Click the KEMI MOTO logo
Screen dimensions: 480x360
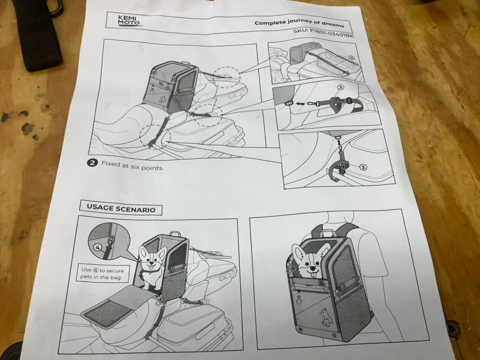129,21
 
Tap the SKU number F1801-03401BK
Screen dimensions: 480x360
324,33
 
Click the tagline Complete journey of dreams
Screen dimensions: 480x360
299,23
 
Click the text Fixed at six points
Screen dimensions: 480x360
132,165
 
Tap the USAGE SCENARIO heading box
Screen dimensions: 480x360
121,208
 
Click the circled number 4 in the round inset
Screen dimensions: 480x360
97,247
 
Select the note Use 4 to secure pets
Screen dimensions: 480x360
103,274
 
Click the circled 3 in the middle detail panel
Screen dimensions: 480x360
340,87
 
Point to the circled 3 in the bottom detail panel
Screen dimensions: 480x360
363,167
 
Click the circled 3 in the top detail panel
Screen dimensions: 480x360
351,58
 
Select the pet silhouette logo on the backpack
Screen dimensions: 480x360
325,315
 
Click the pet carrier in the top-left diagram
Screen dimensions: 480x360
171,86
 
